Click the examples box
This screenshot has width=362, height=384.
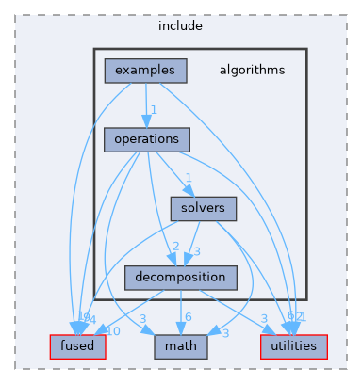145,70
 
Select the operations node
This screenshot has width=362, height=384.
147,138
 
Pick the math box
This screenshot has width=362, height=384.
180,346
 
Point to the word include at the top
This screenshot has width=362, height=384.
180,25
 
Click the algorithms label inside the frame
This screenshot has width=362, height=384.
252,70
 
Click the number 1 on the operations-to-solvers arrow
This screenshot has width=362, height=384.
189,179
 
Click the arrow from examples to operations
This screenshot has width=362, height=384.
146,104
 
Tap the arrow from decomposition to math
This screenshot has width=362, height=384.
180,312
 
